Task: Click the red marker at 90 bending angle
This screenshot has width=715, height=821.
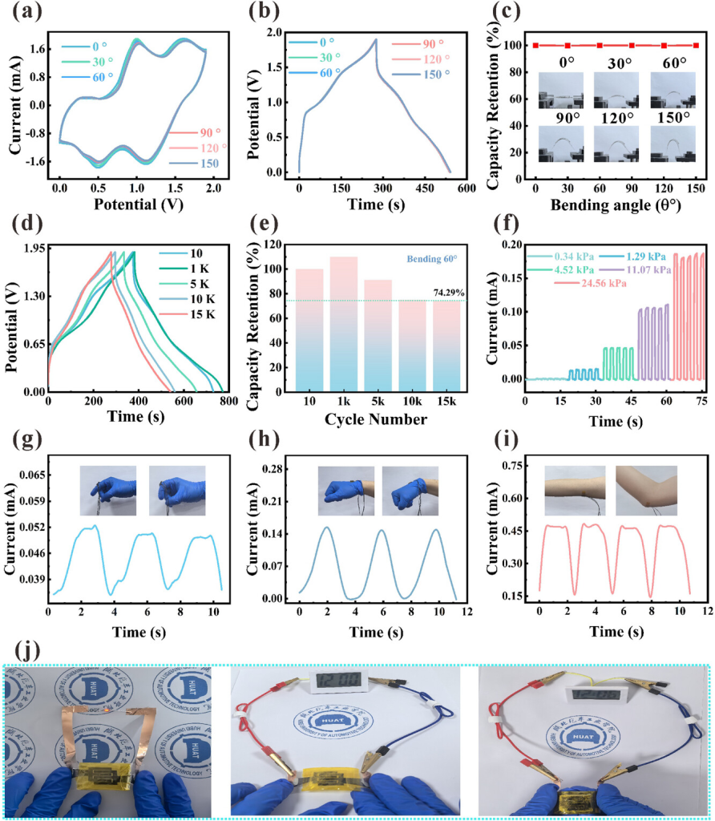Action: coord(632,46)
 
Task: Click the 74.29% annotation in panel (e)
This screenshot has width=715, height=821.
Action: coord(452,292)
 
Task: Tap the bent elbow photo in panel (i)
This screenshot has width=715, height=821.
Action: coord(646,491)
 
